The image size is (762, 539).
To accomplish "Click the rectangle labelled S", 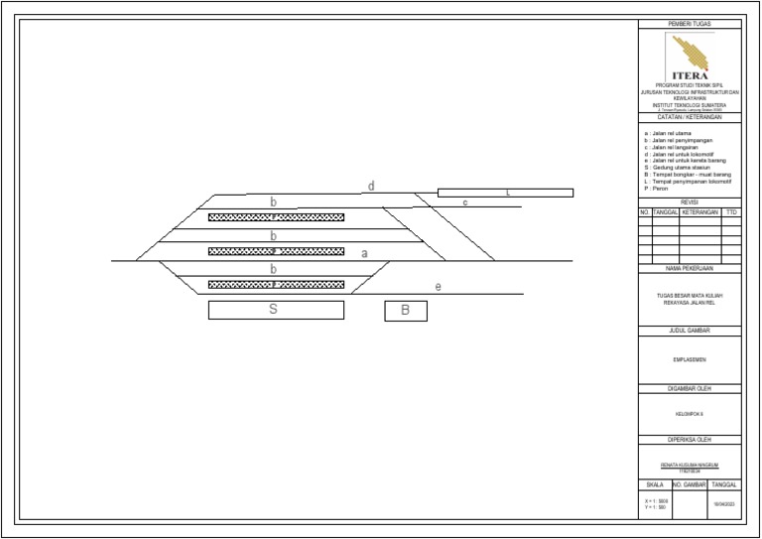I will pyautogui.click(x=276, y=310).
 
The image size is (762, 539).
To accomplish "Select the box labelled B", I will pyautogui.click(x=406, y=311).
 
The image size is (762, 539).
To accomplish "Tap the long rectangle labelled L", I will pyautogui.click(x=505, y=193).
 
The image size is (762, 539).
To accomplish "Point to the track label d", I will pyautogui.click(x=371, y=186).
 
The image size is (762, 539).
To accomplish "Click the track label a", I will pyautogui.click(x=364, y=253).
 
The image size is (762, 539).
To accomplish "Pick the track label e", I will pyautogui.click(x=438, y=287).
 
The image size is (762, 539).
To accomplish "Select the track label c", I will pyautogui.click(x=464, y=202).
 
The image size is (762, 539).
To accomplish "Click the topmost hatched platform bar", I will pyautogui.click(x=276, y=216).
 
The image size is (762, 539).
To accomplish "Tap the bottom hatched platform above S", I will pyautogui.click(x=276, y=285).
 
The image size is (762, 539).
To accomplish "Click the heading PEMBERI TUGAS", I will pyautogui.click(x=690, y=24).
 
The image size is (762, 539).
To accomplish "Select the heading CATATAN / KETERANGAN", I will pyautogui.click(x=690, y=117).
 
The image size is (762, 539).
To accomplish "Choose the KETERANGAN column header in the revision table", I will pyautogui.click(x=699, y=212).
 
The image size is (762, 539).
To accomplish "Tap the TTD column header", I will pyautogui.click(x=731, y=212).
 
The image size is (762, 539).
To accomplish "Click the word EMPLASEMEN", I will pyautogui.click(x=690, y=359).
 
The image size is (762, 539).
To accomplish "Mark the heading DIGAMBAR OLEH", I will pyautogui.click(x=690, y=388).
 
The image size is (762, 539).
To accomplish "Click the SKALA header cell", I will pyautogui.click(x=654, y=484).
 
